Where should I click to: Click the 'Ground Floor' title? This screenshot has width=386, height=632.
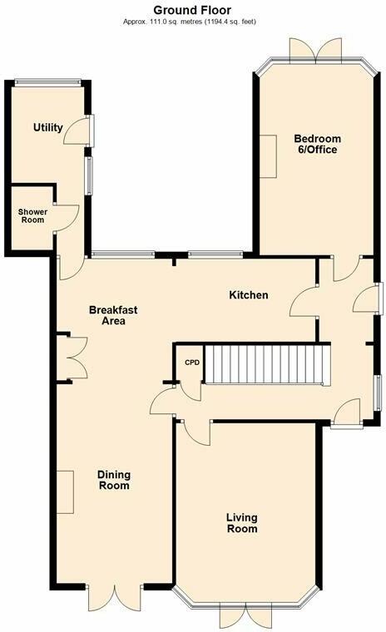coord(192,8)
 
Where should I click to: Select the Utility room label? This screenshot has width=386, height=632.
coord(47,127)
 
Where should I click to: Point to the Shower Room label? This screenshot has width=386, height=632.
coord(33,216)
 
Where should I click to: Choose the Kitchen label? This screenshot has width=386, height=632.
coord(249,295)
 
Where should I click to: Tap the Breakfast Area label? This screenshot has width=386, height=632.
coord(112,315)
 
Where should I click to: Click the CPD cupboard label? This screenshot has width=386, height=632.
coord(192,363)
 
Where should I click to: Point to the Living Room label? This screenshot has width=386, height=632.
coord(242,523)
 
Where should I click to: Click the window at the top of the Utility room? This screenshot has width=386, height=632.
coord(47,81)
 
